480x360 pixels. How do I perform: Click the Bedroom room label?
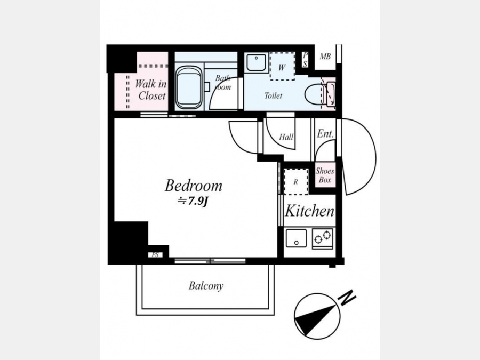coord(194,186)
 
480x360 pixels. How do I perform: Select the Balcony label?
coord(206,286)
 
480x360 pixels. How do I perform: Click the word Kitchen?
coord(309,211)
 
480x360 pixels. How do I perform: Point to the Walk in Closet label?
coord(151,90)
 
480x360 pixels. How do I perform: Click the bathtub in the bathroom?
coord(189,87)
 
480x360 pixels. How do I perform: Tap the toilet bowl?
coord(314,94)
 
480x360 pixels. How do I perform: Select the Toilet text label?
coord(273,96)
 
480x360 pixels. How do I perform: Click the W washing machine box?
coord(282,66)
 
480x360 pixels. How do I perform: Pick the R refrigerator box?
coord(296,181)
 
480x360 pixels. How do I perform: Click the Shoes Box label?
coord(325,175)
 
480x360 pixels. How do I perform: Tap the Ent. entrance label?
coord(325,133)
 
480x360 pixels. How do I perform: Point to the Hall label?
coord(286,137)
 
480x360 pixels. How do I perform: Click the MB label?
coord(325,57)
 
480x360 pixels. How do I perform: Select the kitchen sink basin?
coord(296,238)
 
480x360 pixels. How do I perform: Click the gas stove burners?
coord(322,238)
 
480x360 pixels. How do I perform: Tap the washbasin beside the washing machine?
coord(256,62)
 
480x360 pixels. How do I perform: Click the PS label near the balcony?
coord(155,255)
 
